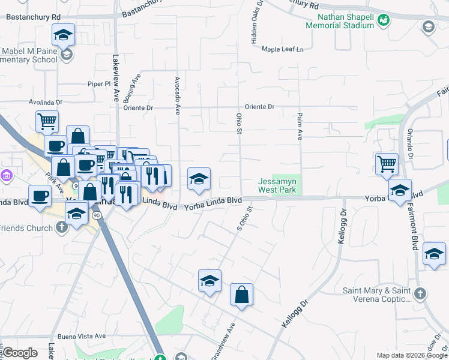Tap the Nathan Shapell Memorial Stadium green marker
(383, 20)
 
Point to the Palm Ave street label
(299, 126)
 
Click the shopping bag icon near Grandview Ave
(241, 294)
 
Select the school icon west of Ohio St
(199, 178)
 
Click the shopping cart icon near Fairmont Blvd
(387, 163)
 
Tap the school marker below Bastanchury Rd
(63, 34)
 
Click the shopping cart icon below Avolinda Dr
(47, 121)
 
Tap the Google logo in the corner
(20, 353)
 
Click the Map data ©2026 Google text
(411, 355)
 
